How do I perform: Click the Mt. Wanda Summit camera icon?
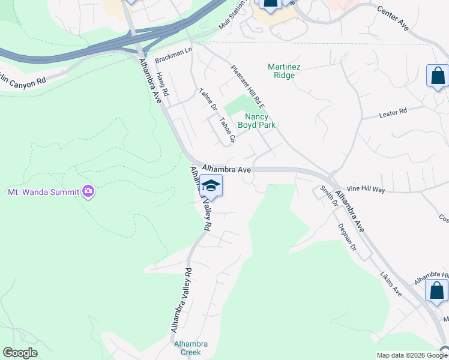point(89,191)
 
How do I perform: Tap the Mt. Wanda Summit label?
point(43,192)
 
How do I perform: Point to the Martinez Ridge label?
point(281,71)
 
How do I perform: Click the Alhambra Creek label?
point(191,348)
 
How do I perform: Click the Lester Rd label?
point(393,112)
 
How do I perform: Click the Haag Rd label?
point(162,86)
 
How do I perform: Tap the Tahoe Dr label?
point(207,100)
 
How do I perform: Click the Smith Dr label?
point(327,196)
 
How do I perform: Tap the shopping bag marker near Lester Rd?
point(438,77)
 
